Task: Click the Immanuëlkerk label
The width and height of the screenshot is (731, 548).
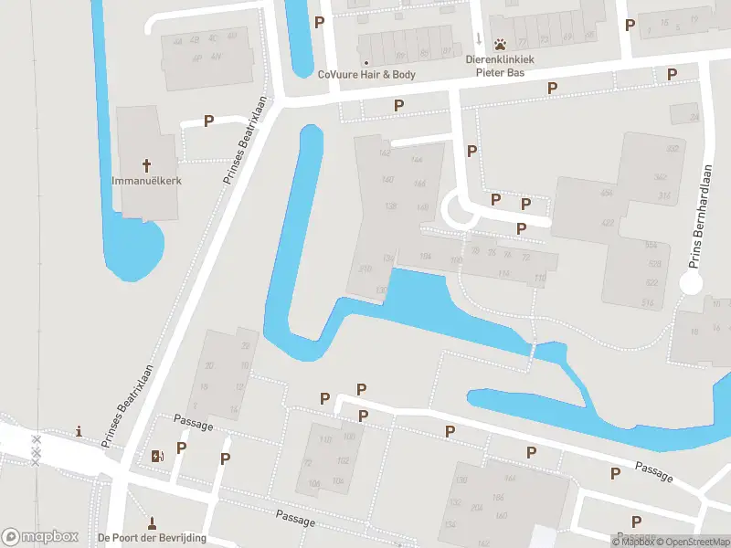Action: click(146, 181)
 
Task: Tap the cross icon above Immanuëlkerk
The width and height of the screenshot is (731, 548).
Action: click(146, 165)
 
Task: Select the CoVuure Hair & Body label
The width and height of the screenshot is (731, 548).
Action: click(365, 75)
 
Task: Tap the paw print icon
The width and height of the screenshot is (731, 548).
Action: click(501, 44)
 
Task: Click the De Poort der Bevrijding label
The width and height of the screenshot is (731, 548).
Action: click(152, 537)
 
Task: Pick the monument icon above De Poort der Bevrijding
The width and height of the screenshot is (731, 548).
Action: click(152, 523)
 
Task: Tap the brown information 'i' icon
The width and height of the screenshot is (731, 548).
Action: click(79, 431)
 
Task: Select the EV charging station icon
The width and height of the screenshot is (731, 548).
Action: click(156, 456)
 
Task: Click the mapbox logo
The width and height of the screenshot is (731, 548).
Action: click(40, 537)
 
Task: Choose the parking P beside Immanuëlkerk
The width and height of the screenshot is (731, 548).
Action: click(209, 121)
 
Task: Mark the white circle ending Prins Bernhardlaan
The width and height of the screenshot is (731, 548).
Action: click(692, 284)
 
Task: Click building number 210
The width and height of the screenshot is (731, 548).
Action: click(365, 269)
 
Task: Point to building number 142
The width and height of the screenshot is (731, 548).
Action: click(384, 153)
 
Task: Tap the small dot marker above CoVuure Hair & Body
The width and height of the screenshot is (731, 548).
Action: click(390, 37)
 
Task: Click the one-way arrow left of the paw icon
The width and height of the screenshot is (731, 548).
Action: click(479, 39)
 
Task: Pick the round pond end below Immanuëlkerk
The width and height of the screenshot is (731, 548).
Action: click(137, 251)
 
